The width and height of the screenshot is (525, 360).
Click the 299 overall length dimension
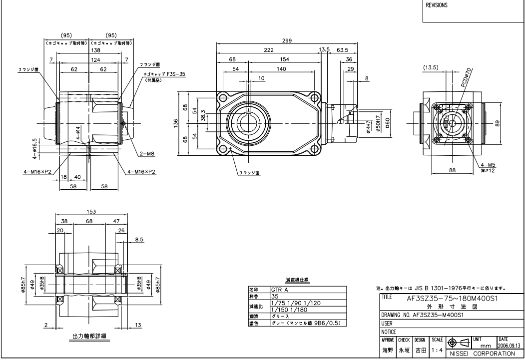tap(286, 41)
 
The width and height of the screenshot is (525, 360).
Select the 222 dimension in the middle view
tap(269, 50)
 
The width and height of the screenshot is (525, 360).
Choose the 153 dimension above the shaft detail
tap(91, 211)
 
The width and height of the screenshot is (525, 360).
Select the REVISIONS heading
tap(437, 6)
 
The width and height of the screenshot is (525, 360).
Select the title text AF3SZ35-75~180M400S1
tap(450, 298)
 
